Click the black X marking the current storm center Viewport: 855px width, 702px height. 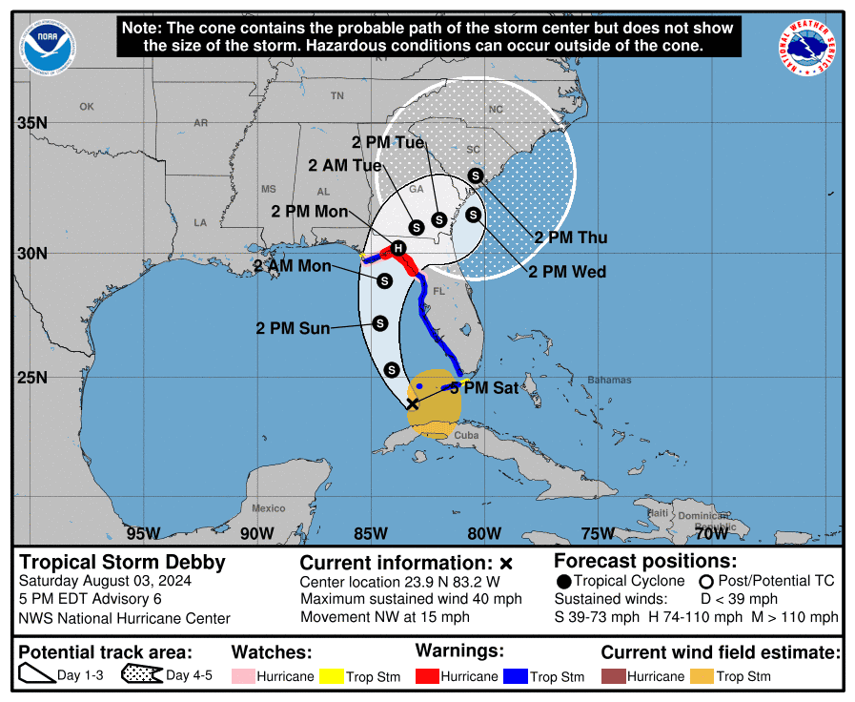412,403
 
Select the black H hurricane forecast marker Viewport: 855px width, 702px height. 399,248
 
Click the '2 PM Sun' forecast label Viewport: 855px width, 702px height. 293,328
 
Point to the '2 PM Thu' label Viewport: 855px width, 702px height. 570,237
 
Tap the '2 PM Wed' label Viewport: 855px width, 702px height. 567,272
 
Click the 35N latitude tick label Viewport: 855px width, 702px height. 32,123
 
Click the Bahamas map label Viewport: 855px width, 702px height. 609,380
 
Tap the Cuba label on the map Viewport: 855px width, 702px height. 465,435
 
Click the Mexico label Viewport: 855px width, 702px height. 269,508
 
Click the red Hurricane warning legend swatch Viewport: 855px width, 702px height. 426,676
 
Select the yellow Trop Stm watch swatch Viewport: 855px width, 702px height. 333,676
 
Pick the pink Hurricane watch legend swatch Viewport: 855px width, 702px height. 242,676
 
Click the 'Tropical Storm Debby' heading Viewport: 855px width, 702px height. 122,562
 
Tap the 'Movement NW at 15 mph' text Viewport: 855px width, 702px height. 385,617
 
